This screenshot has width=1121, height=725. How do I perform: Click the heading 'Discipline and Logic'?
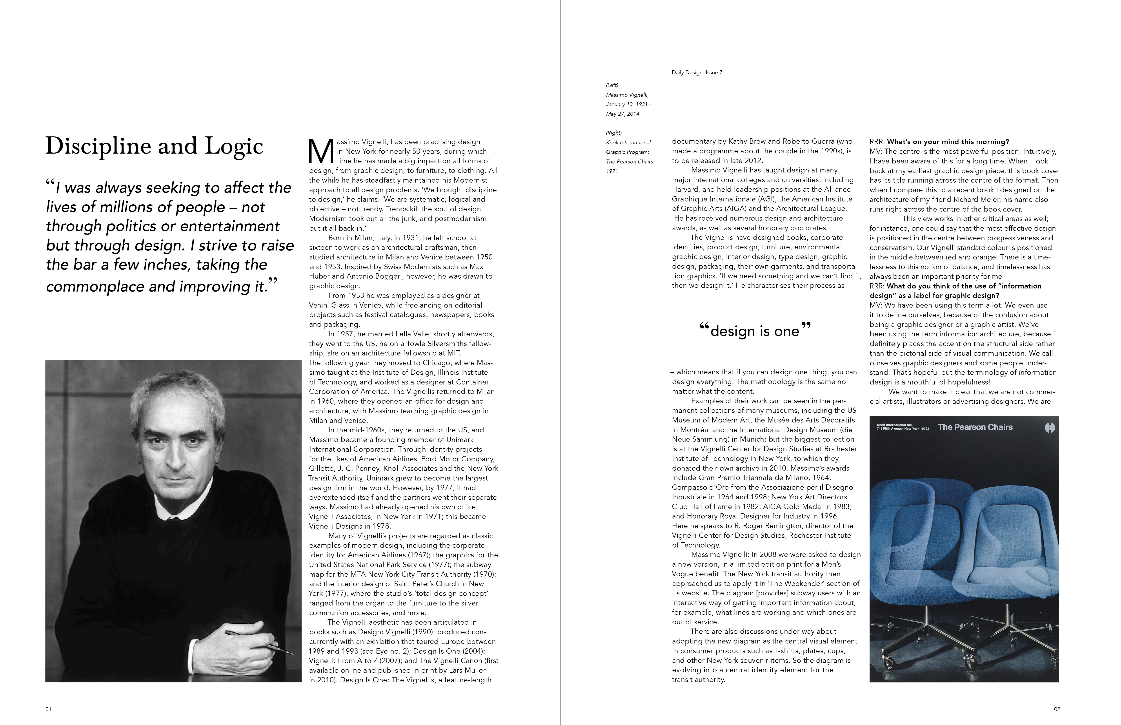pyautogui.click(x=154, y=146)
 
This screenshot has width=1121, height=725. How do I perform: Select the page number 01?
pyautogui.click(x=48, y=709)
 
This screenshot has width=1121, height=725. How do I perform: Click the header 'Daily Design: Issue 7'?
pyautogui.click(x=697, y=72)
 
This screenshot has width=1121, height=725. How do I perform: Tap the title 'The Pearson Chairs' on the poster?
pyautogui.click(x=975, y=427)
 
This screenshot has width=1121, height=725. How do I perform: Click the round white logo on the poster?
pyautogui.click(x=1049, y=428)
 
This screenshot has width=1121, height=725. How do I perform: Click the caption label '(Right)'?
pyautogui.click(x=614, y=133)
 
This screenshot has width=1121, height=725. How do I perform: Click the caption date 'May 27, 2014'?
pyautogui.click(x=622, y=114)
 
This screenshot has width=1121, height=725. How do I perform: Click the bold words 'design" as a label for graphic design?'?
pyautogui.click(x=934, y=296)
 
